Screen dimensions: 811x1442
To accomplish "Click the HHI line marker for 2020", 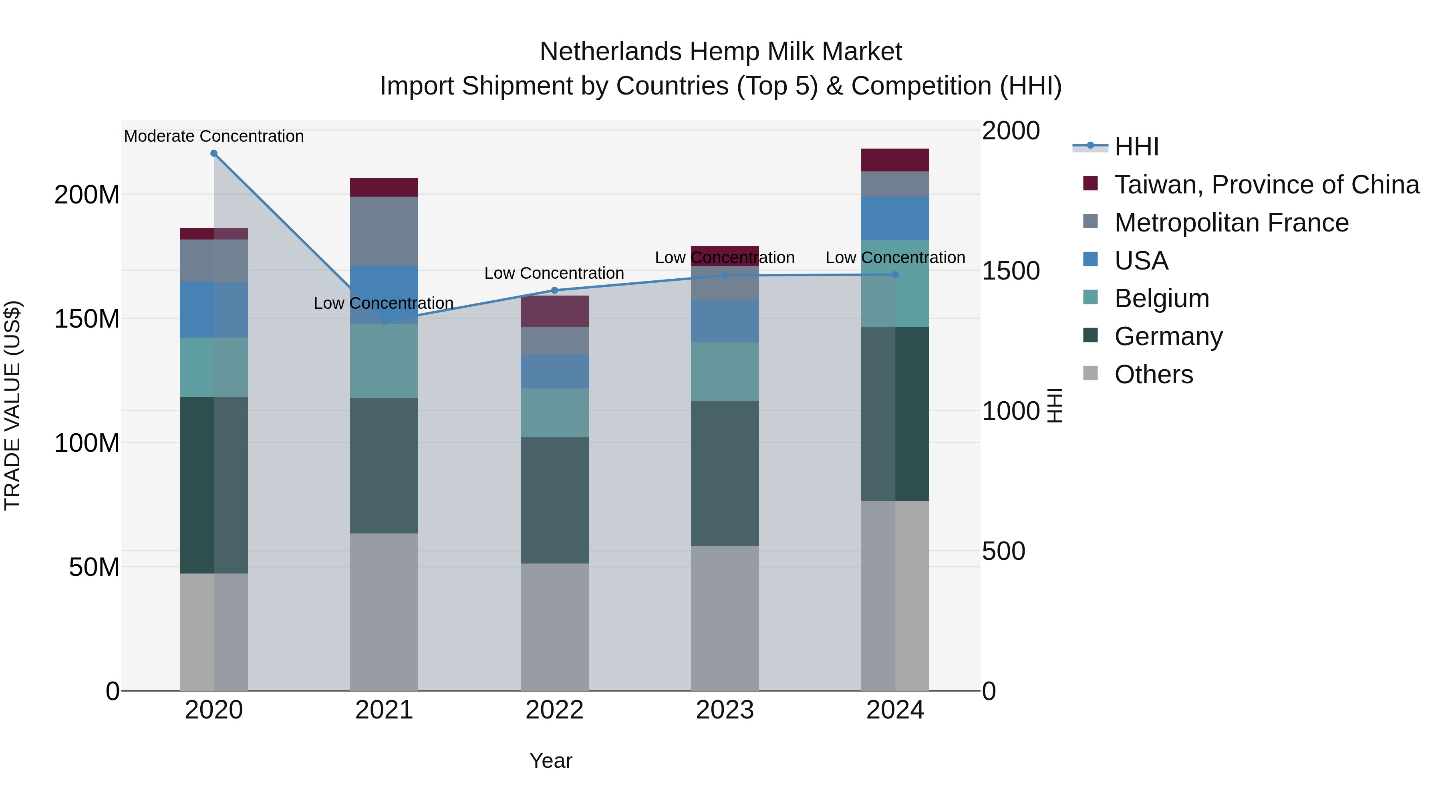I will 214,153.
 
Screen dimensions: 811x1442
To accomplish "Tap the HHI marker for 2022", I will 554,290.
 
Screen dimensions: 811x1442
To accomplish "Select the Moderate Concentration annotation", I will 214,136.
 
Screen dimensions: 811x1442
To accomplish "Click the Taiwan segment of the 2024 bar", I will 894,160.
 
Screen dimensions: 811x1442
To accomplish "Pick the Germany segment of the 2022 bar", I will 554,500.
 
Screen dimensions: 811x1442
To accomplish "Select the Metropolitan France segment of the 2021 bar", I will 384,231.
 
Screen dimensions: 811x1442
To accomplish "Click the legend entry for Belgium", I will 1162,298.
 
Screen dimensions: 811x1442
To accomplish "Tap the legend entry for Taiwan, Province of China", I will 1266,185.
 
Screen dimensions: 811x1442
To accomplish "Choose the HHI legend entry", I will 1136,147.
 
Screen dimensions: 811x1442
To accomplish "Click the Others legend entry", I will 1153,374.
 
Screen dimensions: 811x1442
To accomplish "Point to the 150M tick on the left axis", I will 87,319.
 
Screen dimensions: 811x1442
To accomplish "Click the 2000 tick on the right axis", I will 1011,131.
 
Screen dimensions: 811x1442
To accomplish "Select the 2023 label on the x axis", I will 724,710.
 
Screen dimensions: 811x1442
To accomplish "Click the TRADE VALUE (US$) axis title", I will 12,405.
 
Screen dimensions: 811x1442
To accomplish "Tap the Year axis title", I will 551,761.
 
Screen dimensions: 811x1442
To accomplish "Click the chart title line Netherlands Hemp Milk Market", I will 721,52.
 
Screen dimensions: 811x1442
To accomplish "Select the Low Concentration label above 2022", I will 554,273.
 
